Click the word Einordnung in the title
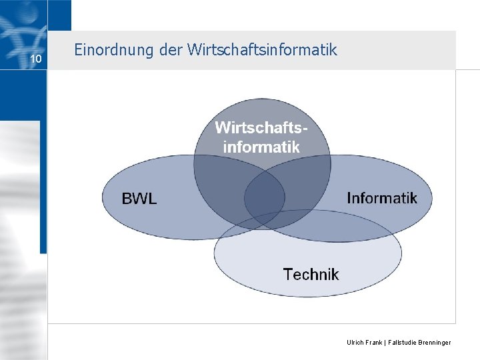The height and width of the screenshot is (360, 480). coord(106,50)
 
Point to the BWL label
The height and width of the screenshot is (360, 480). coord(139,198)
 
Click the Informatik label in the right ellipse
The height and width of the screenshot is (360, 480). coord(382,198)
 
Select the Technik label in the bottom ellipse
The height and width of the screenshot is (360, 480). coord(311,274)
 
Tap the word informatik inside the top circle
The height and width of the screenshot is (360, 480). coord(261,146)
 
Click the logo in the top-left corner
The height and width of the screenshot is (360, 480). coord(23,27)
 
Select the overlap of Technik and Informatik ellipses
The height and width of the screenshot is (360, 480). coord(347,227)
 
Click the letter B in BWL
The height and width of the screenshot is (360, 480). coord(126,198)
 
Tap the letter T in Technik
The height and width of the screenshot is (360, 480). coord(287,274)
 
